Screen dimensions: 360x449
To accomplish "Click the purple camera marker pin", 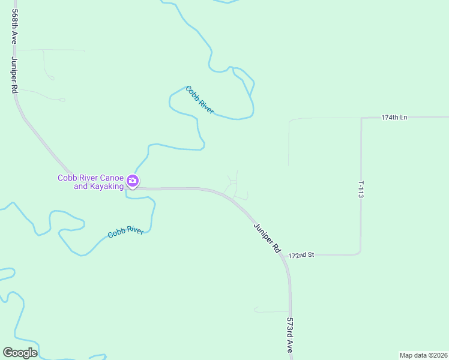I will point(133,181).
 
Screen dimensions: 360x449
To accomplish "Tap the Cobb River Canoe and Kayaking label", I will point(91,182).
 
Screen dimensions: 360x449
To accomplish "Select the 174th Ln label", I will point(394,117).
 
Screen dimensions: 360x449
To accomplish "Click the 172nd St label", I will point(302,255).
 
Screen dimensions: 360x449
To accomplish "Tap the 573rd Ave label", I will point(290,335).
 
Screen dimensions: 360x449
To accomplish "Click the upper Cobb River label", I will point(200,100).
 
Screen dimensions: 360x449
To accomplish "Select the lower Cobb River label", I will point(125,232).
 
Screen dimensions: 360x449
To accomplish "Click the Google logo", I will point(20,353).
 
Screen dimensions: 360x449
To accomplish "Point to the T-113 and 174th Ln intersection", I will point(361,118).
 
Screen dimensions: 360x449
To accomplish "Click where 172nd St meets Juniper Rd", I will point(287,256).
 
